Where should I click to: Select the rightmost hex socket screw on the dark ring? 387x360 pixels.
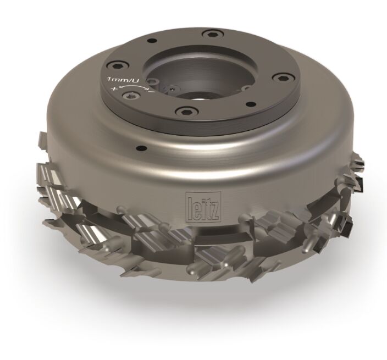coord(282,77)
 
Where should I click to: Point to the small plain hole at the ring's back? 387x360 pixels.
coord(152,41)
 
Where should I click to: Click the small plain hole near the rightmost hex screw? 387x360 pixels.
coord(250,104)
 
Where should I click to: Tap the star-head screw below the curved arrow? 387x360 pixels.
coord(131,95)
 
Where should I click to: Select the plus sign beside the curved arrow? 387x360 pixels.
coord(114,88)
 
